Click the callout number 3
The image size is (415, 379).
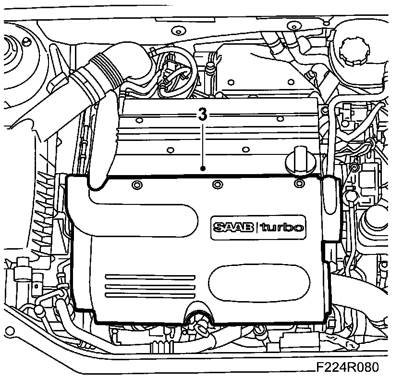[x=203, y=114]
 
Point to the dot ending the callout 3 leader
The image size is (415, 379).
[x=203, y=168]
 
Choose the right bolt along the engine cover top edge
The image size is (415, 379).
[x=299, y=183]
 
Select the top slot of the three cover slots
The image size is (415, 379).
[x=149, y=278]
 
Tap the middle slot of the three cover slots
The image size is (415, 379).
[x=149, y=287]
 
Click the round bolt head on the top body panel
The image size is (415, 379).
[x=178, y=32]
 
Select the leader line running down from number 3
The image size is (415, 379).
[x=203, y=144]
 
